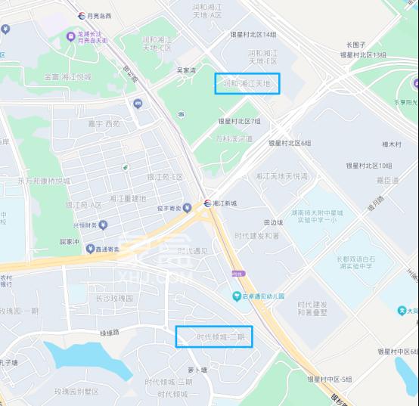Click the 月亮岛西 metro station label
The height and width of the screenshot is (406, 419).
click(x=99, y=15)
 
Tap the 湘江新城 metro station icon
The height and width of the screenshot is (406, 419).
click(x=206, y=203)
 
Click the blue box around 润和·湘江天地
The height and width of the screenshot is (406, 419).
click(x=247, y=84)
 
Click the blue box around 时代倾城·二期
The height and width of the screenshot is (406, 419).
click(x=214, y=336)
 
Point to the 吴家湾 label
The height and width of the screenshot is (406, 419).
click(x=186, y=70)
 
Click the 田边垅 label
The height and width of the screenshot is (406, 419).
click(x=272, y=222)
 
